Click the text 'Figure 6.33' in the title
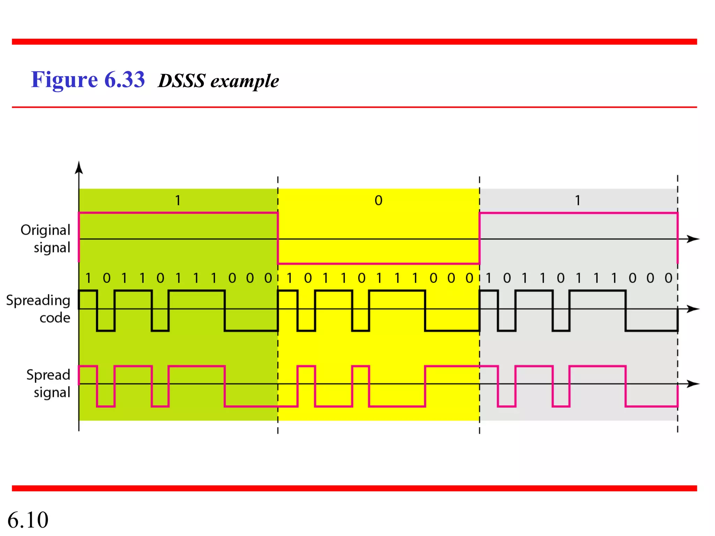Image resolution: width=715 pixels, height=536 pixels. pyautogui.click(x=88, y=80)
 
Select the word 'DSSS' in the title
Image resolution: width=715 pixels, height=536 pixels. pyautogui.click(x=182, y=81)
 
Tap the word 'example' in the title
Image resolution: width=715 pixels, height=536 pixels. pyautogui.click(x=244, y=82)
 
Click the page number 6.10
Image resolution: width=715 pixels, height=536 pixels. pyautogui.click(x=28, y=520)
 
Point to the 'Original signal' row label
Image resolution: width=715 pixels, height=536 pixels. pyautogui.click(x=46, y=239)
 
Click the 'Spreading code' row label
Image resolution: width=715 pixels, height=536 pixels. pyautogui.click(x=39, y=309)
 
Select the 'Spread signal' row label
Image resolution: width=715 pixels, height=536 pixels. pyautogui.click(x=49, y=384)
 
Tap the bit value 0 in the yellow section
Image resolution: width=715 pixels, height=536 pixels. pyautogui.click(x=378, y=200)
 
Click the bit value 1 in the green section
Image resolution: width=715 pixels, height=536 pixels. pyautogui.click(x=178, y=200)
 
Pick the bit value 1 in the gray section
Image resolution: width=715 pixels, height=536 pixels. pyautogui.click(x=578, y=200)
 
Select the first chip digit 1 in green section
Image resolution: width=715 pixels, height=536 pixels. pyautogui.click(x=88, y=278)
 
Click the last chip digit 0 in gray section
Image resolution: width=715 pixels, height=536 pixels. pyautogui.click(x=668, y=278)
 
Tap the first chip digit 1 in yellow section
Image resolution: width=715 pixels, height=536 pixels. pyautogui.click(x=289, y=278)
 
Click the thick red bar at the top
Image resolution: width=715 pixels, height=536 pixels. pyautogui.click(x=354, y=42)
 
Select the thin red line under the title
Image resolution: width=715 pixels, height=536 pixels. pyautogui.click(x=354, y=107)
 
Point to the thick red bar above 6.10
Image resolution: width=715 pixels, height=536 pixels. pyautogui.click(x=354, y=488)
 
